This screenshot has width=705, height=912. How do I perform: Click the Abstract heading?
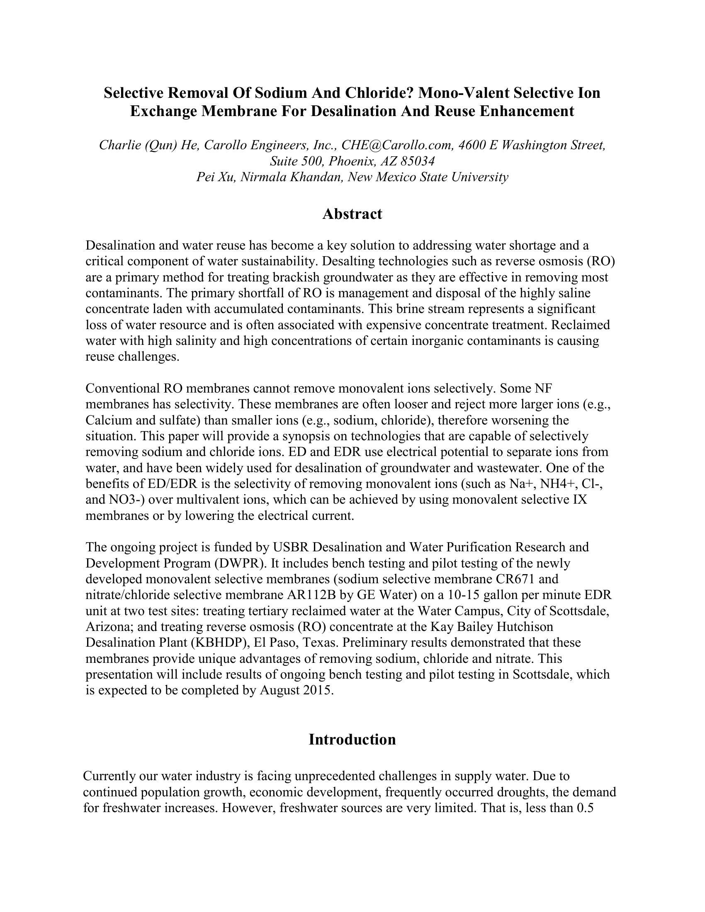click(352, 214)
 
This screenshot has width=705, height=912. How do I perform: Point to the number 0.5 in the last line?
click(585, 808)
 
